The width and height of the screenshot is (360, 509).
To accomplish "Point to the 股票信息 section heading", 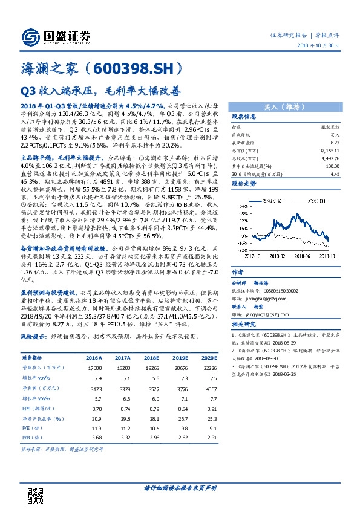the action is point(244,117).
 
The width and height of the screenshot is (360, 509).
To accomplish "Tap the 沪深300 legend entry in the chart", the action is point(310,199).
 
